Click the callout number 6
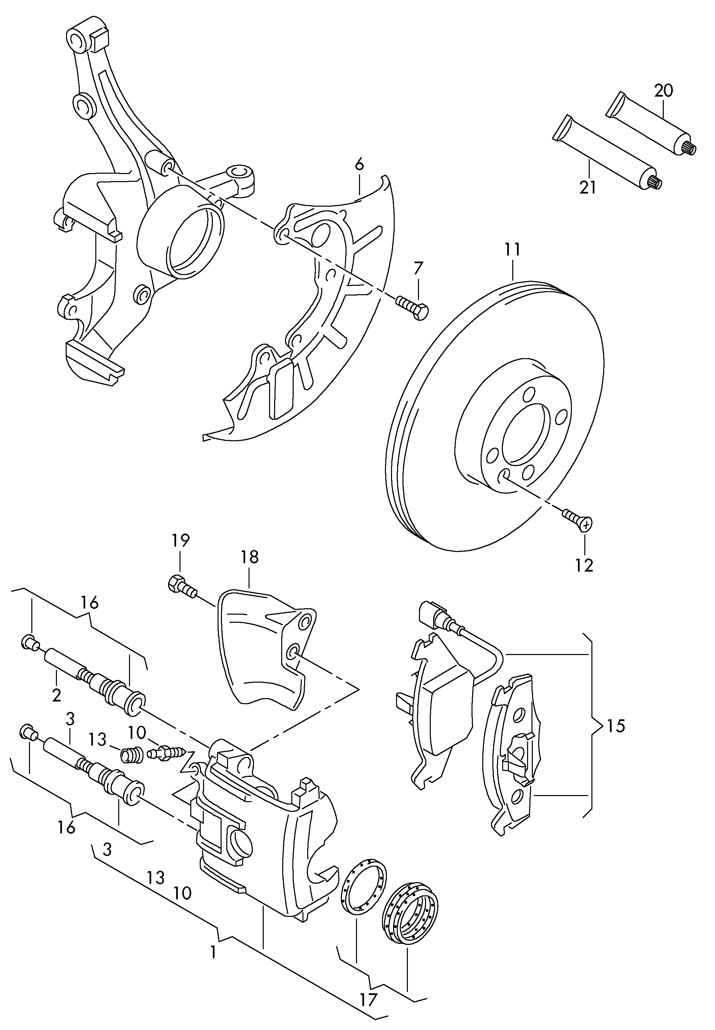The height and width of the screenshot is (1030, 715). tap(359, 164)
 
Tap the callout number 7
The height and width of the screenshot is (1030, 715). tap(418, 268)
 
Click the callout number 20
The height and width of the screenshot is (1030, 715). tap(663, 91)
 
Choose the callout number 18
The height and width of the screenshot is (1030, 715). tap(250, 557)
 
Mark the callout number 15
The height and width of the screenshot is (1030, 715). tap(616, 726)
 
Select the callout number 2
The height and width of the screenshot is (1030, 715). tap(57, 695)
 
